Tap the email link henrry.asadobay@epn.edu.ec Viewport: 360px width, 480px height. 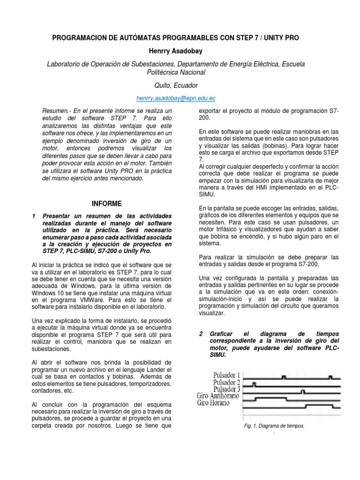tap(176, 98)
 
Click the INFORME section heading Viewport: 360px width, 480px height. tap(106, 203)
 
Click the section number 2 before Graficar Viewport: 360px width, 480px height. tap(201, 334)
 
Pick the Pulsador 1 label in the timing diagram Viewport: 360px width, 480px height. tap(226, 375)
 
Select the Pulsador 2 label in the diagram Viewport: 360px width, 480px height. tap(226, 382)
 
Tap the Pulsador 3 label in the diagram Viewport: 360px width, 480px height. tap(226, 389)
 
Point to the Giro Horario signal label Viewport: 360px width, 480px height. tap(213, 402)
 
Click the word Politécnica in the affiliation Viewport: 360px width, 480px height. tap(164, 73)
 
